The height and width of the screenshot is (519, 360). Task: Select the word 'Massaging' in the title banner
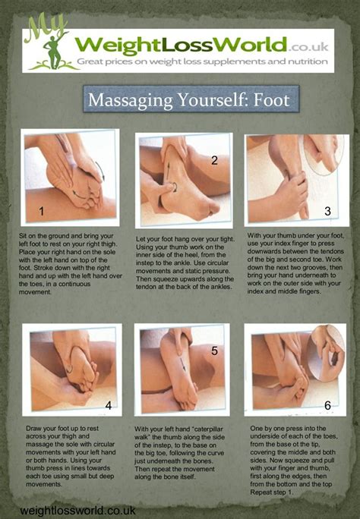point(127,100)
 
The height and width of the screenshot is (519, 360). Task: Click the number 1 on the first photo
point(42,210)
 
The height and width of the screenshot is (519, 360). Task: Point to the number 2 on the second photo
point(215,160)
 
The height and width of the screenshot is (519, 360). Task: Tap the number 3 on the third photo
point(327,212)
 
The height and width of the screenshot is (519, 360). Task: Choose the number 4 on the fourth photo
point(109,405)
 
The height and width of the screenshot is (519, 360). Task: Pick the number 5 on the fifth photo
point(215,351)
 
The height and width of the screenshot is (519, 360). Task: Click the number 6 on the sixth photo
point(327,405)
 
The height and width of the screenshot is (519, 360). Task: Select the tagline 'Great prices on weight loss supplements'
point(175,60)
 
